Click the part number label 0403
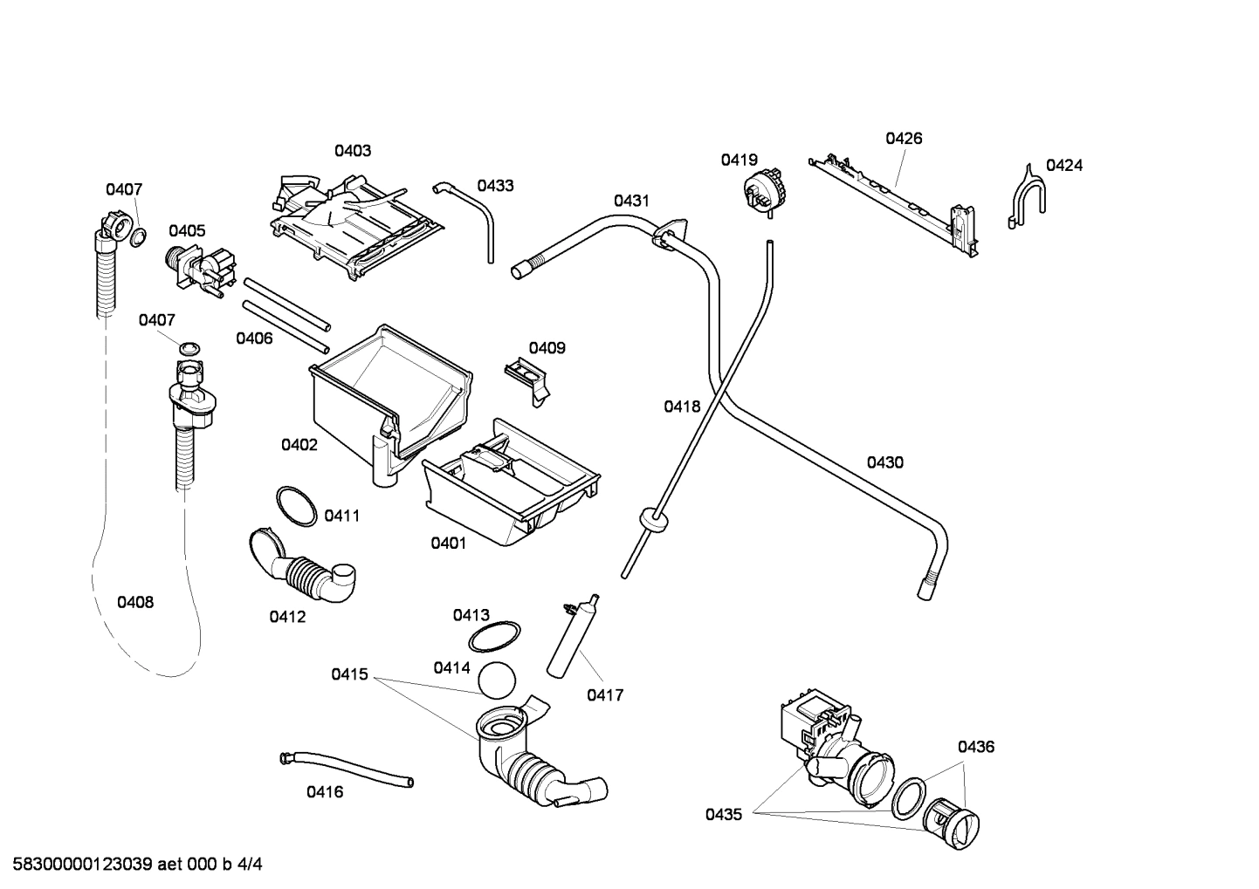tap(353, 151)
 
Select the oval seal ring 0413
tap(494, 638)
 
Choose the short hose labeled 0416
tap(347, 767)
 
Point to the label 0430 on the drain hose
tap(884, 463)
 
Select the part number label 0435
tap(724, 815)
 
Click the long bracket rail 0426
tap(895, 201)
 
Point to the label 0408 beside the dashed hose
tap(135, 602)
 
